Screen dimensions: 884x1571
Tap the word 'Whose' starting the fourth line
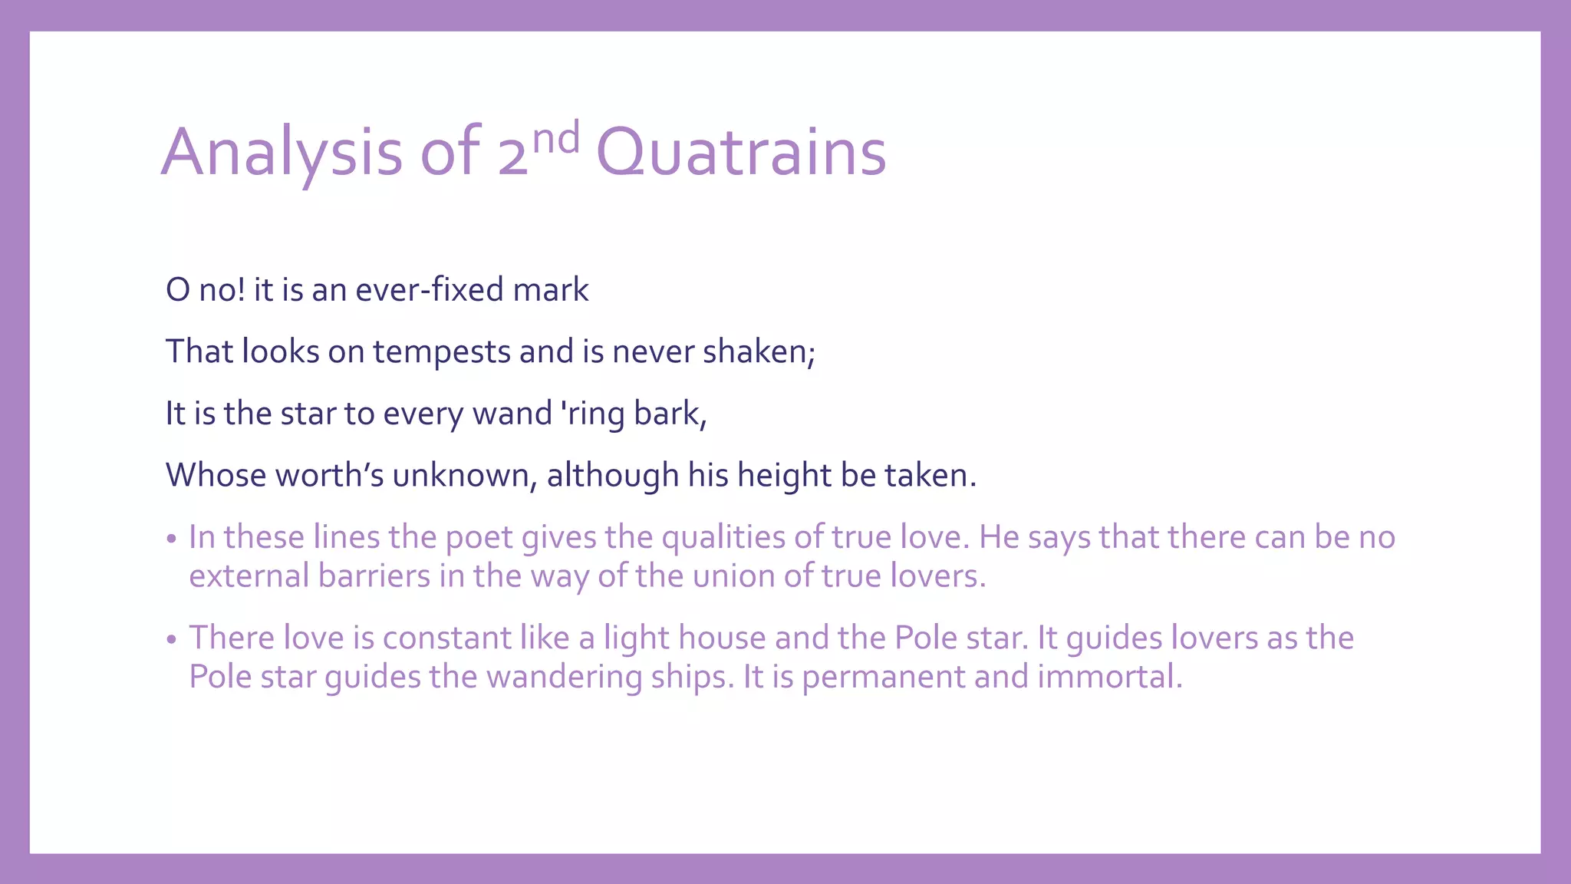click(216, 475)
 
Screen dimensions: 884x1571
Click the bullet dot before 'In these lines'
click(172, 539)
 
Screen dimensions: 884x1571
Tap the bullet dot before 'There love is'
click(172, 639)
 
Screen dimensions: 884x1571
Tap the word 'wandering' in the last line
click(565, 678)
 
